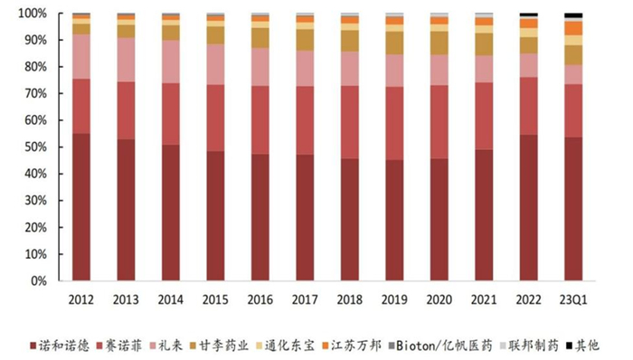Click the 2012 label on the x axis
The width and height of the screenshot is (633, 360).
pyautogui.click(x=80, y=299)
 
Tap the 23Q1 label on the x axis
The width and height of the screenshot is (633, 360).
pyautogui.click(x=573, y=299)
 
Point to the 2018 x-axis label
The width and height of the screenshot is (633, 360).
pyautogui.click(x=349, y=299)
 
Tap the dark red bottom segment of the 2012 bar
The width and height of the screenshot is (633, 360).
pyautogui.click(x=80, y=207)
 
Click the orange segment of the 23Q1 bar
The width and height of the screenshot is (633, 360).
pyautogui.click(x=573, y=28)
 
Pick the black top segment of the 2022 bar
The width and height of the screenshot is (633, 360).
pyautogui.click(x=529, y=15)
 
